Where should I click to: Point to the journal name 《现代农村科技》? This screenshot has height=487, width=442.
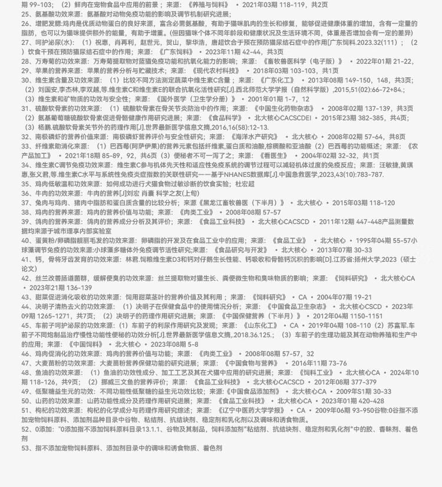click(x=222, y=70)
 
